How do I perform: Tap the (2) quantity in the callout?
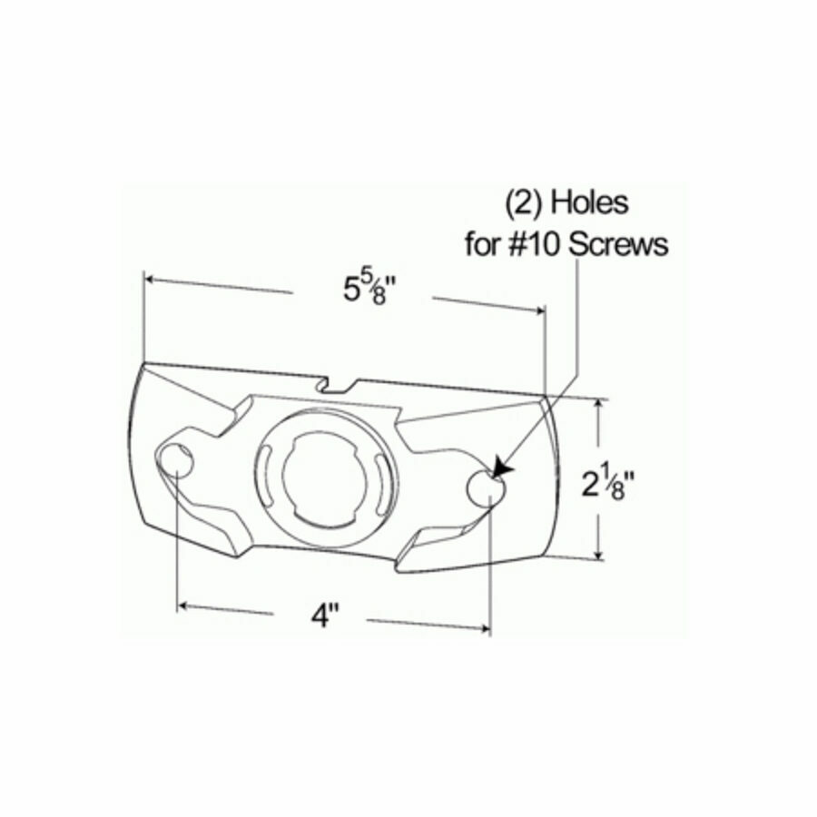524,202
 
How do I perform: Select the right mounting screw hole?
488,489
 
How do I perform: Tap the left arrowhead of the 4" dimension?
184,603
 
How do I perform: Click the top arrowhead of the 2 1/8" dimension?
598,405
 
